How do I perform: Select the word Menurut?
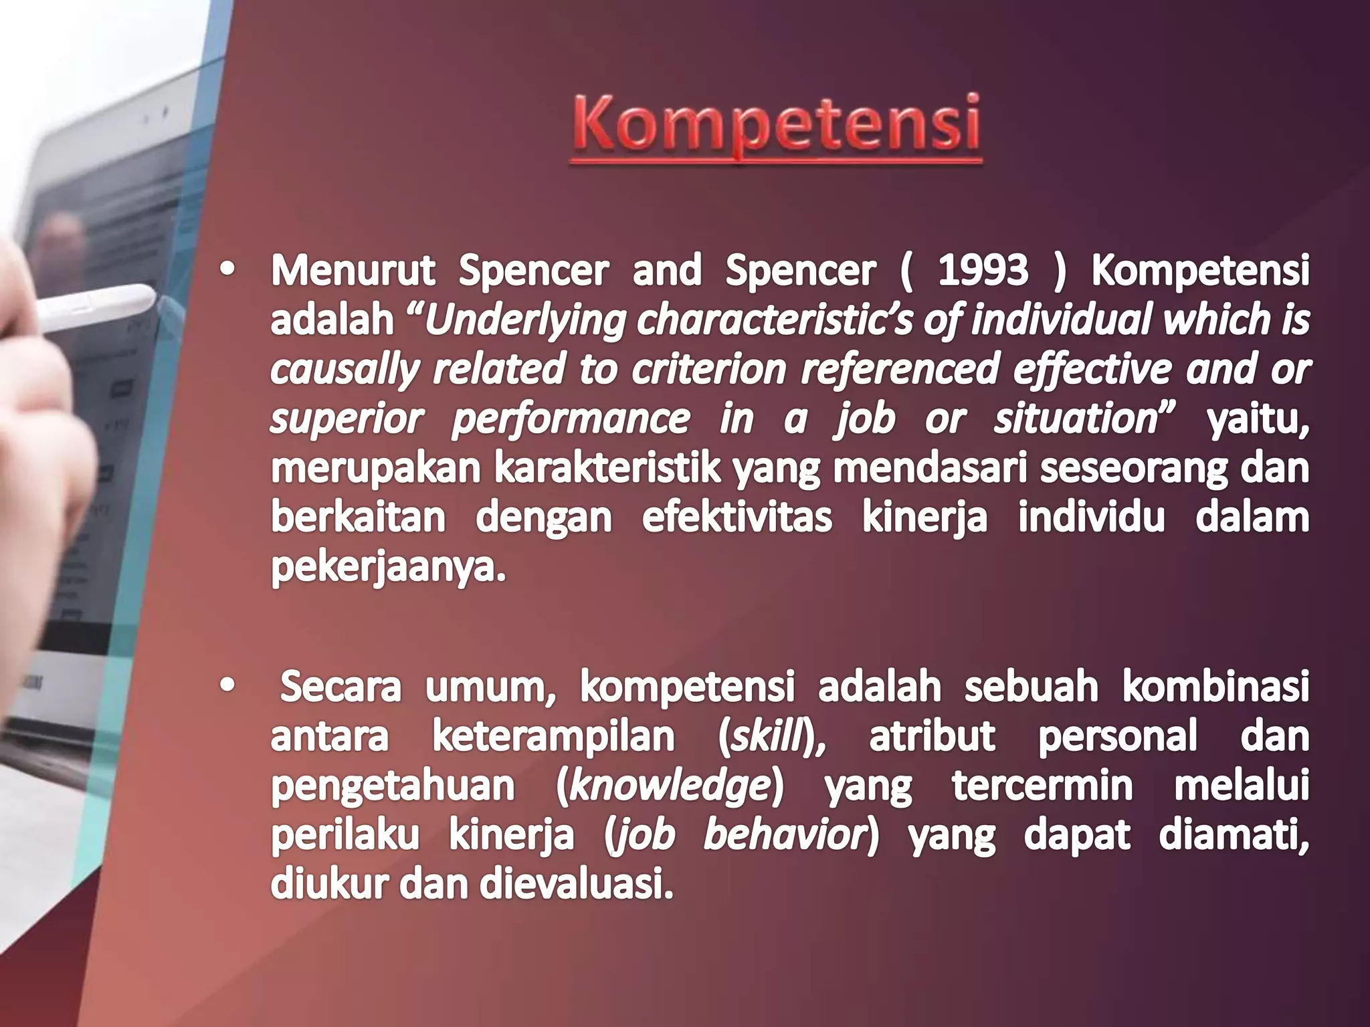(x=353, y=271)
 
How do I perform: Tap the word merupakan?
(x=375, y=469)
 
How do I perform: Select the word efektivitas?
(x=737, y=518)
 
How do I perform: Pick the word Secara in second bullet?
(x=340, y=687)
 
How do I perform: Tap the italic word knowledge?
(x=670, y=786)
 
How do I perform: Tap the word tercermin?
(x=1042, y=786)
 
